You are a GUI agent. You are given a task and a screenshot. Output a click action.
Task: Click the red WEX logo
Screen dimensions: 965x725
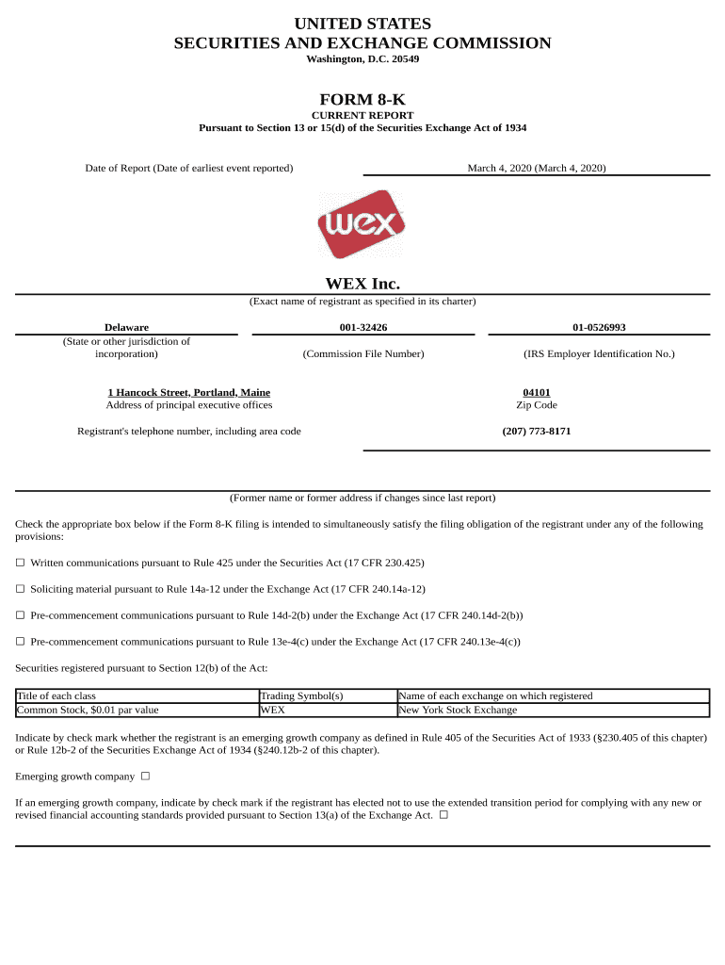[x=362, y=224]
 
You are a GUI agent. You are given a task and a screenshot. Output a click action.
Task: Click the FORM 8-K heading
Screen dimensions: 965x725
[x=362, y=99]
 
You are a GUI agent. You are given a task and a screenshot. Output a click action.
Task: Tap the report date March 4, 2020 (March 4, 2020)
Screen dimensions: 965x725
[x=537, y=168]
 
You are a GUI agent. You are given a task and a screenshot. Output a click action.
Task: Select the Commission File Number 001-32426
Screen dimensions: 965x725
[x=363, y=327]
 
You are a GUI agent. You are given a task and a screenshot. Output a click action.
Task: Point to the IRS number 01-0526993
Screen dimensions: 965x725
[x=599, y=327]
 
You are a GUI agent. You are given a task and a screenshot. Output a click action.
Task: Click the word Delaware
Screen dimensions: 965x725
[x=126, y=327]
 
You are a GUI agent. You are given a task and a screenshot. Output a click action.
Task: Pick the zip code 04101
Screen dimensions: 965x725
[x=537, y=392]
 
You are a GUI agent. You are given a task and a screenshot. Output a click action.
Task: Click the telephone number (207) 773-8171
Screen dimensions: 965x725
[x=537, y=431]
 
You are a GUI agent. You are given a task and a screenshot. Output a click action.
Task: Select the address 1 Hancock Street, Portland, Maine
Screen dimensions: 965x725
[x=189, y=392]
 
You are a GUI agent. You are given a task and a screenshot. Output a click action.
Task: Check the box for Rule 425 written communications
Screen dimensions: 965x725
[x=20, y=563]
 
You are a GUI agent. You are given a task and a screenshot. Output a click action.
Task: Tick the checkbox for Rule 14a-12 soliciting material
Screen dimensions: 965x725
[x=20, y=589]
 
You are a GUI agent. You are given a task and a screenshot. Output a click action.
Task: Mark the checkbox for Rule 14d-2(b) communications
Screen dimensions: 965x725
[x=20, y=615]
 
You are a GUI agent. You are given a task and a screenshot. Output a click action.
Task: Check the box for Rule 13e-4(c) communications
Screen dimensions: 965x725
[x=20, y=642]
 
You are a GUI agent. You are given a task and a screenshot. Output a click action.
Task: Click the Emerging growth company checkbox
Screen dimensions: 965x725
[x=145, y=777]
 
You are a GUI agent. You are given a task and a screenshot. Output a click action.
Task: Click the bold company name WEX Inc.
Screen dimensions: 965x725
[x=362, y=284]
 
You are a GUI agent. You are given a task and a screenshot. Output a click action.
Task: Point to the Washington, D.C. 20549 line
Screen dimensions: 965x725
[x=362, y=59]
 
